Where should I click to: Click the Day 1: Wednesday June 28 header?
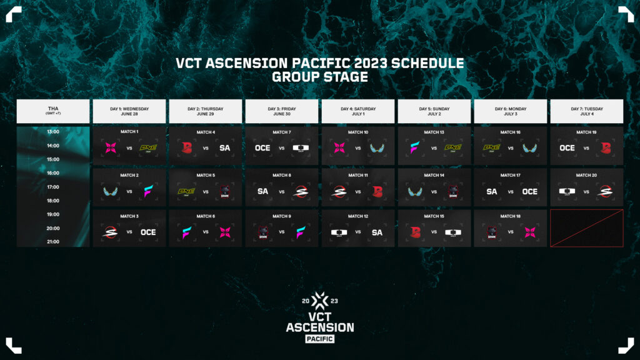pos(129,111)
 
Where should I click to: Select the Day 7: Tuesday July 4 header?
pos(587,111)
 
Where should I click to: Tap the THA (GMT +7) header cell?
pos(53,111)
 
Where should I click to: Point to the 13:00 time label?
pos(53,132)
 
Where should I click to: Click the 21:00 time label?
pos(53,242)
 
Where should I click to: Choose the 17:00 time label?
pos(53,187)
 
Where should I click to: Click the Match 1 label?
pos(129,132)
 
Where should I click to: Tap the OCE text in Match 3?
pos(148,232)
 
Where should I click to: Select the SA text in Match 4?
pos(224,149)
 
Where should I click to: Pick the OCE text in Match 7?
pos(262,149)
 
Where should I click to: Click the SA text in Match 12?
pos(377,232)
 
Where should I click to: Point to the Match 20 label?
pos(587,176)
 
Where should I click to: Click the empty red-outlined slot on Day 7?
pos(587,228)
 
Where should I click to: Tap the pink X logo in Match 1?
pos(111,149)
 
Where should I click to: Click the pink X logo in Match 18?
pos(529,232)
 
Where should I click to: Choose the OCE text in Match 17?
pos(529,191)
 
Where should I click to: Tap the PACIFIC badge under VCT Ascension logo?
pos(319,339)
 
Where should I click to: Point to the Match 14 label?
pos(434,176)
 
